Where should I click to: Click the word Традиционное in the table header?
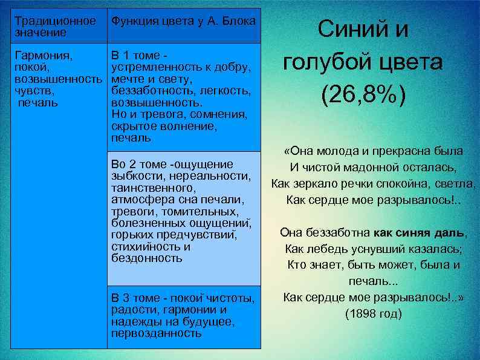tap(55, 21)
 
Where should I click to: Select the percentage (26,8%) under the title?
tap(363, 94)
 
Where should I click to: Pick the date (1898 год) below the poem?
tap(373, 314)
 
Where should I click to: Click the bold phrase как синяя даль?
tap(420, 232)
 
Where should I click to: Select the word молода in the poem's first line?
tap(338, 151)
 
